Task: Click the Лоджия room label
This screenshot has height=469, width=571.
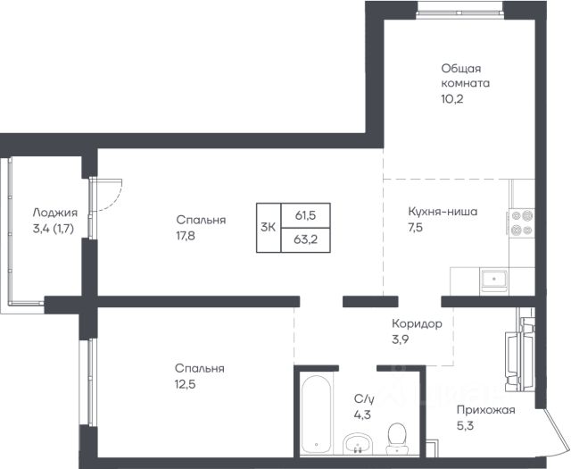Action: tap(55, 213)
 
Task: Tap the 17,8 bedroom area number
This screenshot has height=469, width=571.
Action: tap(186, 236)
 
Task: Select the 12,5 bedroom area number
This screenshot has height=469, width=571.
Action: tap(186, 384)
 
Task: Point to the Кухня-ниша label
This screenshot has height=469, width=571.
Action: tap(443, 212)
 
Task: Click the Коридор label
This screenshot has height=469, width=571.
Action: tap(417, 323)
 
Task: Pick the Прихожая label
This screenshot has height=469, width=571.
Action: tap(486, 410)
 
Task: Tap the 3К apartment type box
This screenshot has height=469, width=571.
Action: tap(269, 228)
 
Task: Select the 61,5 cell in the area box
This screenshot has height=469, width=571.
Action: tap(305, 215)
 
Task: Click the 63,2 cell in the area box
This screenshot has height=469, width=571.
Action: tap(305, 240)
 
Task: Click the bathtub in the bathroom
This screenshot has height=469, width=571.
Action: tap(317, 414)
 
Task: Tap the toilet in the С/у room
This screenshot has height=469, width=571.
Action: tap(396, 439)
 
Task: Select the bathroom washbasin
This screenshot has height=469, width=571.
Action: tap(358, 443)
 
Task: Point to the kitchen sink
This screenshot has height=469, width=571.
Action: tap(494, 279)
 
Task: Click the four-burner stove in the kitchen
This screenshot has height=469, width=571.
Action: tap(522, 223)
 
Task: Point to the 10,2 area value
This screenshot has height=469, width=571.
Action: tap(452, 99)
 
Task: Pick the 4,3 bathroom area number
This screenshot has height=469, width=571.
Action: tap(362, 415)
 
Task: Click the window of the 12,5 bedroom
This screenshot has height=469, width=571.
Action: tap(90, 381)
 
